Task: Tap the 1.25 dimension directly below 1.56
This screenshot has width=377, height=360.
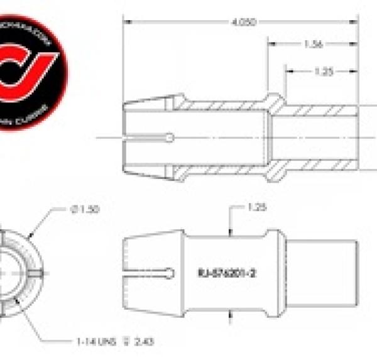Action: click(323, 71)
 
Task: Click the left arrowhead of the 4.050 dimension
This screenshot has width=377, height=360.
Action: click(126, 23)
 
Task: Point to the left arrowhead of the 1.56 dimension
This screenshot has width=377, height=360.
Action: click(271, 45)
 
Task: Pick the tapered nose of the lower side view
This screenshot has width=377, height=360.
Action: click(151, 273)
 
